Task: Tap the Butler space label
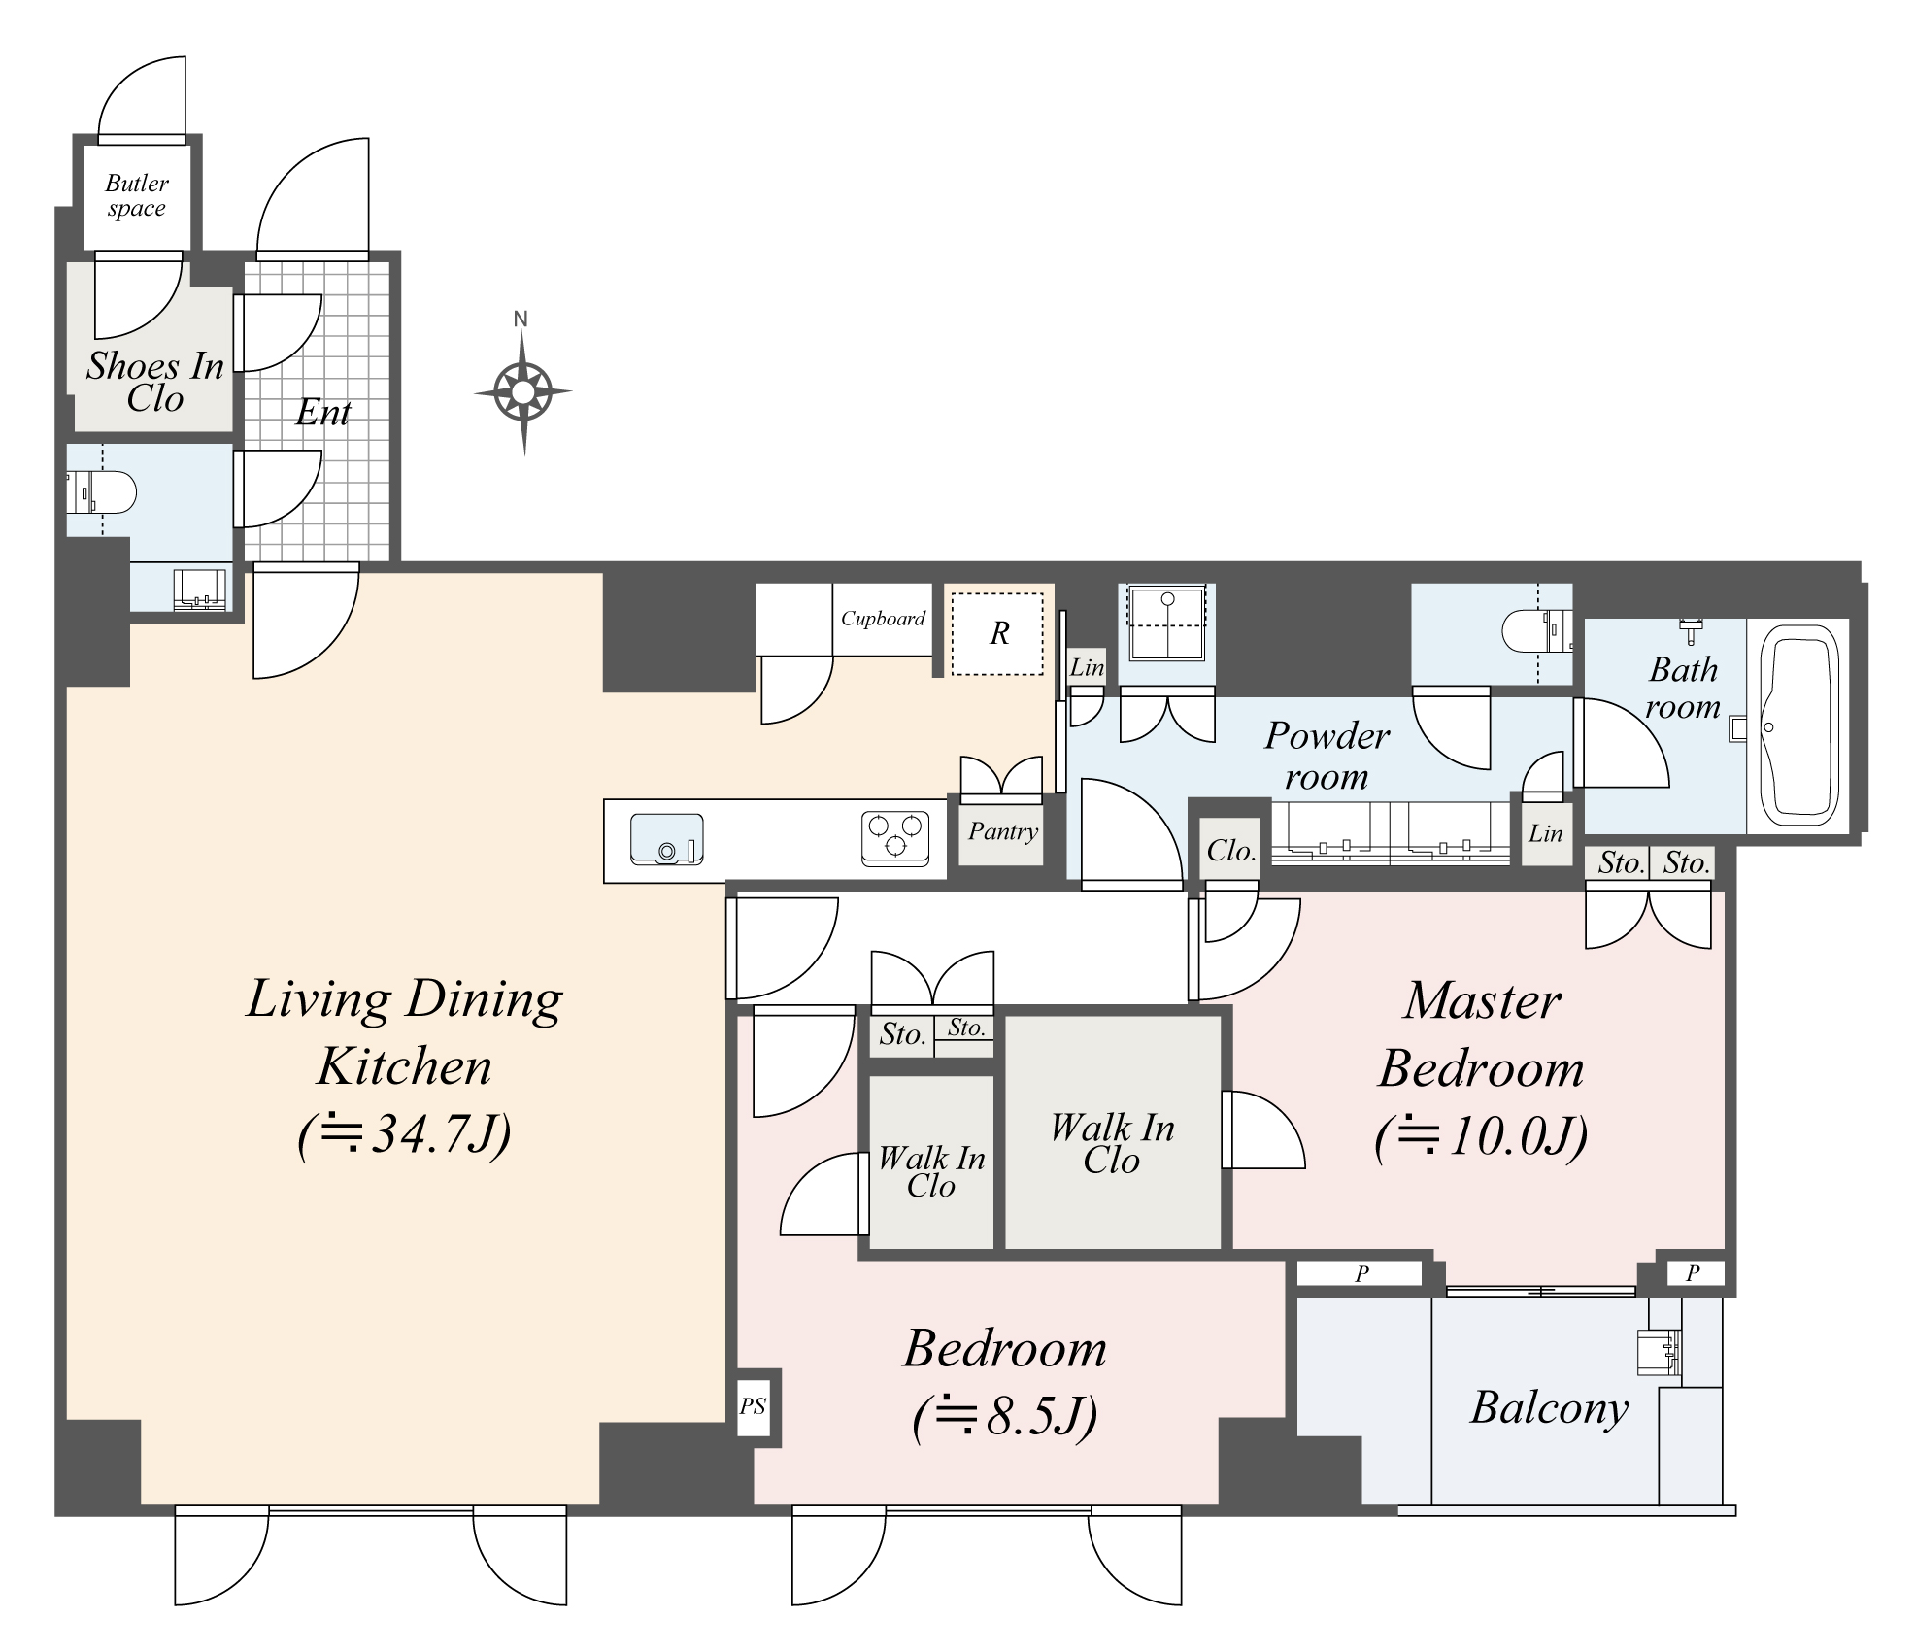coord(136,196)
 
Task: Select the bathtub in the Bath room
coord(1799,723)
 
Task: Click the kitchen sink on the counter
coord(666,839)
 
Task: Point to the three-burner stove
coord(894,838)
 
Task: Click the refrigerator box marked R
coord(998,634)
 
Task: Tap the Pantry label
coord(1002,831)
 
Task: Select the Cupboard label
coord(882,619)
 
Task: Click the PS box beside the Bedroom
coord(753,1406)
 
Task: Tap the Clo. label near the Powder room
coord(1230,851)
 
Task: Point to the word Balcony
coord(1548,1407)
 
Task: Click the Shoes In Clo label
coord(154,382)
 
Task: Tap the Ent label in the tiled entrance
coord(322,413)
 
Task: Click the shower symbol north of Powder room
coord(1166,623)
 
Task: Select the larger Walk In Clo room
coord(1112,1143)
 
